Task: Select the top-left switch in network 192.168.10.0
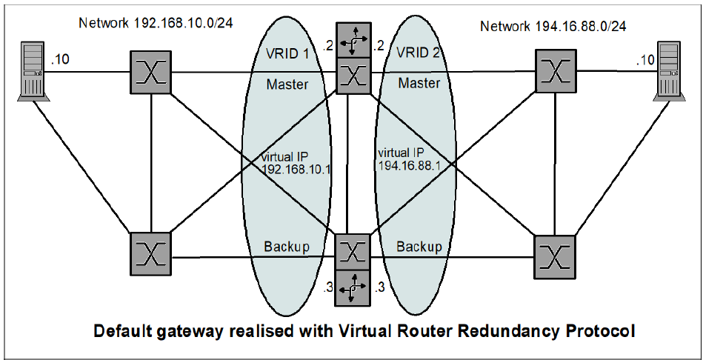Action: tap(151, 72)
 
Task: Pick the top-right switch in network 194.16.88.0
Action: tap(556, 71)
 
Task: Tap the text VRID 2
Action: tap(419, 53)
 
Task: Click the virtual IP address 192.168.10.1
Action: tap(296, 168)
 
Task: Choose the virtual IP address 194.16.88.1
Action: tap(410, 167)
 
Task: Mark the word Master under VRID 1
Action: tap(287, 84)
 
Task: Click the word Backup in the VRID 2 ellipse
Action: tap(419, 246)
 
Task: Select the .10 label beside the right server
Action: tap(645, 59)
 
